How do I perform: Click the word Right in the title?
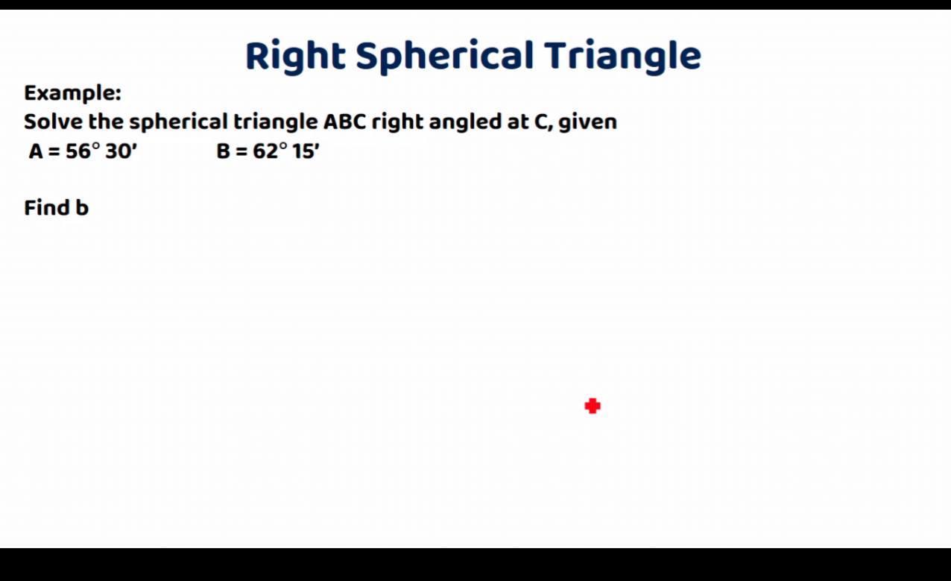point(295,56)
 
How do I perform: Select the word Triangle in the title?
point(622,56)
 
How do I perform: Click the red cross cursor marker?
point(593,406)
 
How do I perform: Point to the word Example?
point(72,93)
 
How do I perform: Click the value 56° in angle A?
point(83,151)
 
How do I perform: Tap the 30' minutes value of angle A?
point(121,151)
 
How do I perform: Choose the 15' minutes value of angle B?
point(306,151)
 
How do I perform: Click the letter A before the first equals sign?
point(36,151)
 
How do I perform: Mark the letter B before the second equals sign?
point(224,151)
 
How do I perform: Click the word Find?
point(46,208)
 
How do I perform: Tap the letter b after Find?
point(82,208)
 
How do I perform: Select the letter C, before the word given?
point(543,122)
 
